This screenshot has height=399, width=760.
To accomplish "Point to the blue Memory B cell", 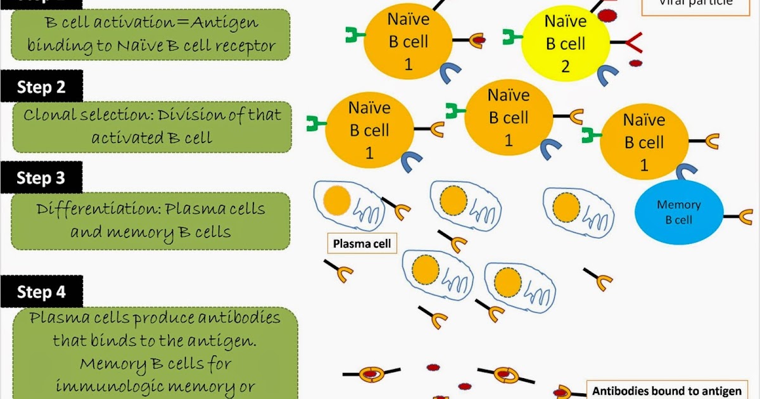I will [678, 212].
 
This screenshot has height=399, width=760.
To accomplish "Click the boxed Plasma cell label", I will [362, 243].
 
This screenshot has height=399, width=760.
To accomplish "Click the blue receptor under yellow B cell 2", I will [607, 75].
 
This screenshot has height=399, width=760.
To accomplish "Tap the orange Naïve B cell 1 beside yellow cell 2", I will [408, 42].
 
